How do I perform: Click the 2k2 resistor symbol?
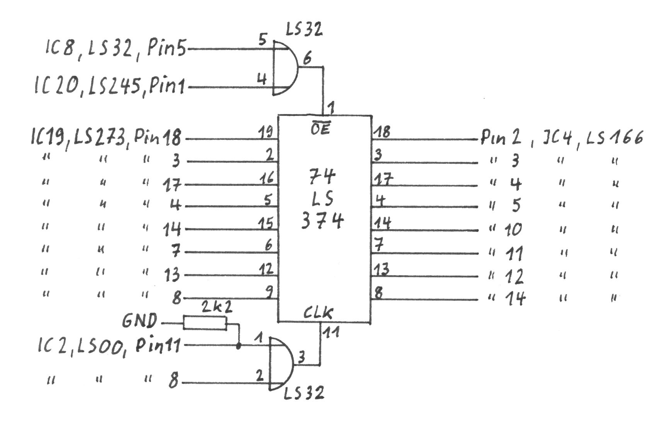pos(205,323)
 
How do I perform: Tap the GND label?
pos(140,321)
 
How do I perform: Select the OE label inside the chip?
pos(320,129)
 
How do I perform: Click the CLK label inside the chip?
pos(318,312)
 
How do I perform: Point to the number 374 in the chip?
pos(322,222)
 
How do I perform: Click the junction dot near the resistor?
pos(238,346)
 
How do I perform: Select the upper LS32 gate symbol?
pos(285,68)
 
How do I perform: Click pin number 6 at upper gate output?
pos(307,59)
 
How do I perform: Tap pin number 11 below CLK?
pos(331,332)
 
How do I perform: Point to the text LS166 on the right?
pos(615,138)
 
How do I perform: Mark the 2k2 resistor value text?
pos(216,308)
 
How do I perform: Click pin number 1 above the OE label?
pos(331,108)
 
